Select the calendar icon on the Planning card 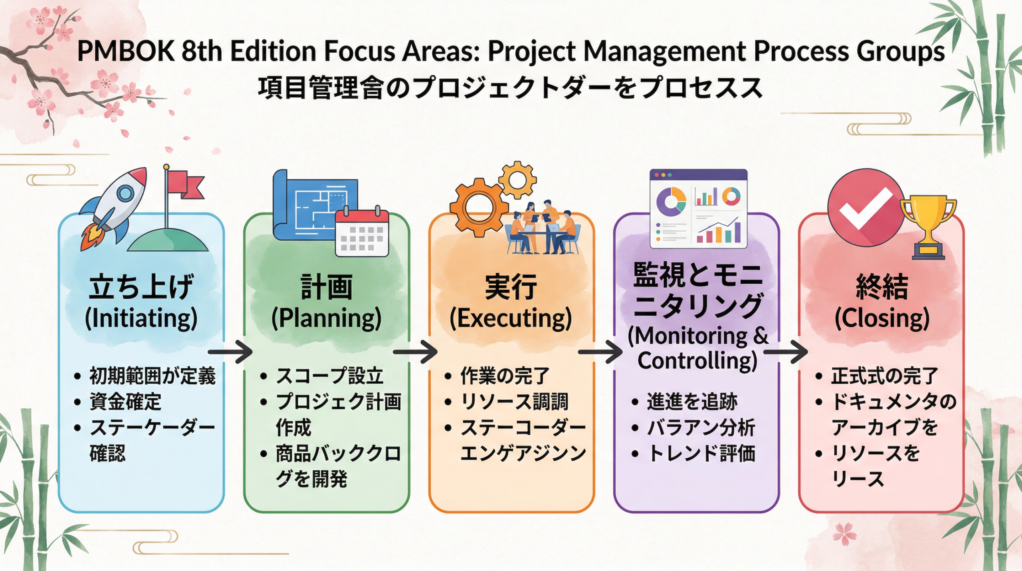[362, 233]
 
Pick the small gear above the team [517, 180]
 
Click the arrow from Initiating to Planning [230, 352]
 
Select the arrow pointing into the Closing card [786, 352]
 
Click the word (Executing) [511, 318]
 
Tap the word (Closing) [882, 318]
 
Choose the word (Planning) [326, 318]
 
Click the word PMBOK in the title [126, 51]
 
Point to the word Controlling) [697, 360]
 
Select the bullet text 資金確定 [125, 402]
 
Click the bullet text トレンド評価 [701, 453]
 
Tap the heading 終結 [882, 287]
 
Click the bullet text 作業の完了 [505, 376]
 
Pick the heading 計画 [326, 287]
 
